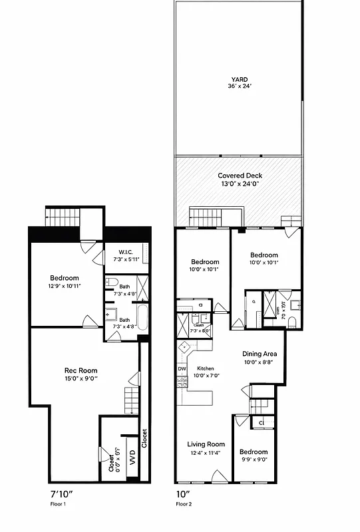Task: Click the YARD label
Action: click(x=239, y=78)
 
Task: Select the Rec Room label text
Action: click(x=81, y=370)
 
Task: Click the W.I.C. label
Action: click(x=127, y=252)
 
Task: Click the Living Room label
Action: click(x=206, y=444)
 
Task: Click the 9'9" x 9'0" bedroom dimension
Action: click(x=254, y=458)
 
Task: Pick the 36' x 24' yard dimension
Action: click(x=239, y=86)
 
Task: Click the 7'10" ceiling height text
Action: click(x=62, y=495)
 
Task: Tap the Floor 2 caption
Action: click(x=184, y=505)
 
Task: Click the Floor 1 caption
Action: click(x=59, y=505)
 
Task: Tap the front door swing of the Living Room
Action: click(x=217, y=475)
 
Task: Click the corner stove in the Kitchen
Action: click(x=184, y=347)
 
